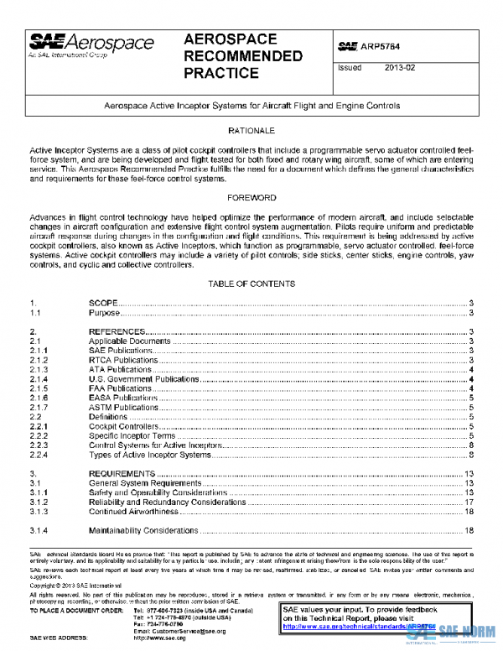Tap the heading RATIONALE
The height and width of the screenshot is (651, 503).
[x=251, y=132]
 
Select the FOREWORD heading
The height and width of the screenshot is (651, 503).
[x=251, y=198]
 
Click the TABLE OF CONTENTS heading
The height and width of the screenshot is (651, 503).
[x=251, y=284]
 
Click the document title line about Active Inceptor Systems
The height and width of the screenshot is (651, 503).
[x=251, y=107]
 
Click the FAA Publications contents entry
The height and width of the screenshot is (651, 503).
[x=120, y=388]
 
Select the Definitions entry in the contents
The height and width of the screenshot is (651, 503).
[x=108, y=417]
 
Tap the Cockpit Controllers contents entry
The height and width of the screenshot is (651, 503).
[x=123, y=426]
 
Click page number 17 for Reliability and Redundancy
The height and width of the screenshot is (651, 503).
[x=469, y=502]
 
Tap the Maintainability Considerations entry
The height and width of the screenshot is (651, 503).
[x=143, y=530]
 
